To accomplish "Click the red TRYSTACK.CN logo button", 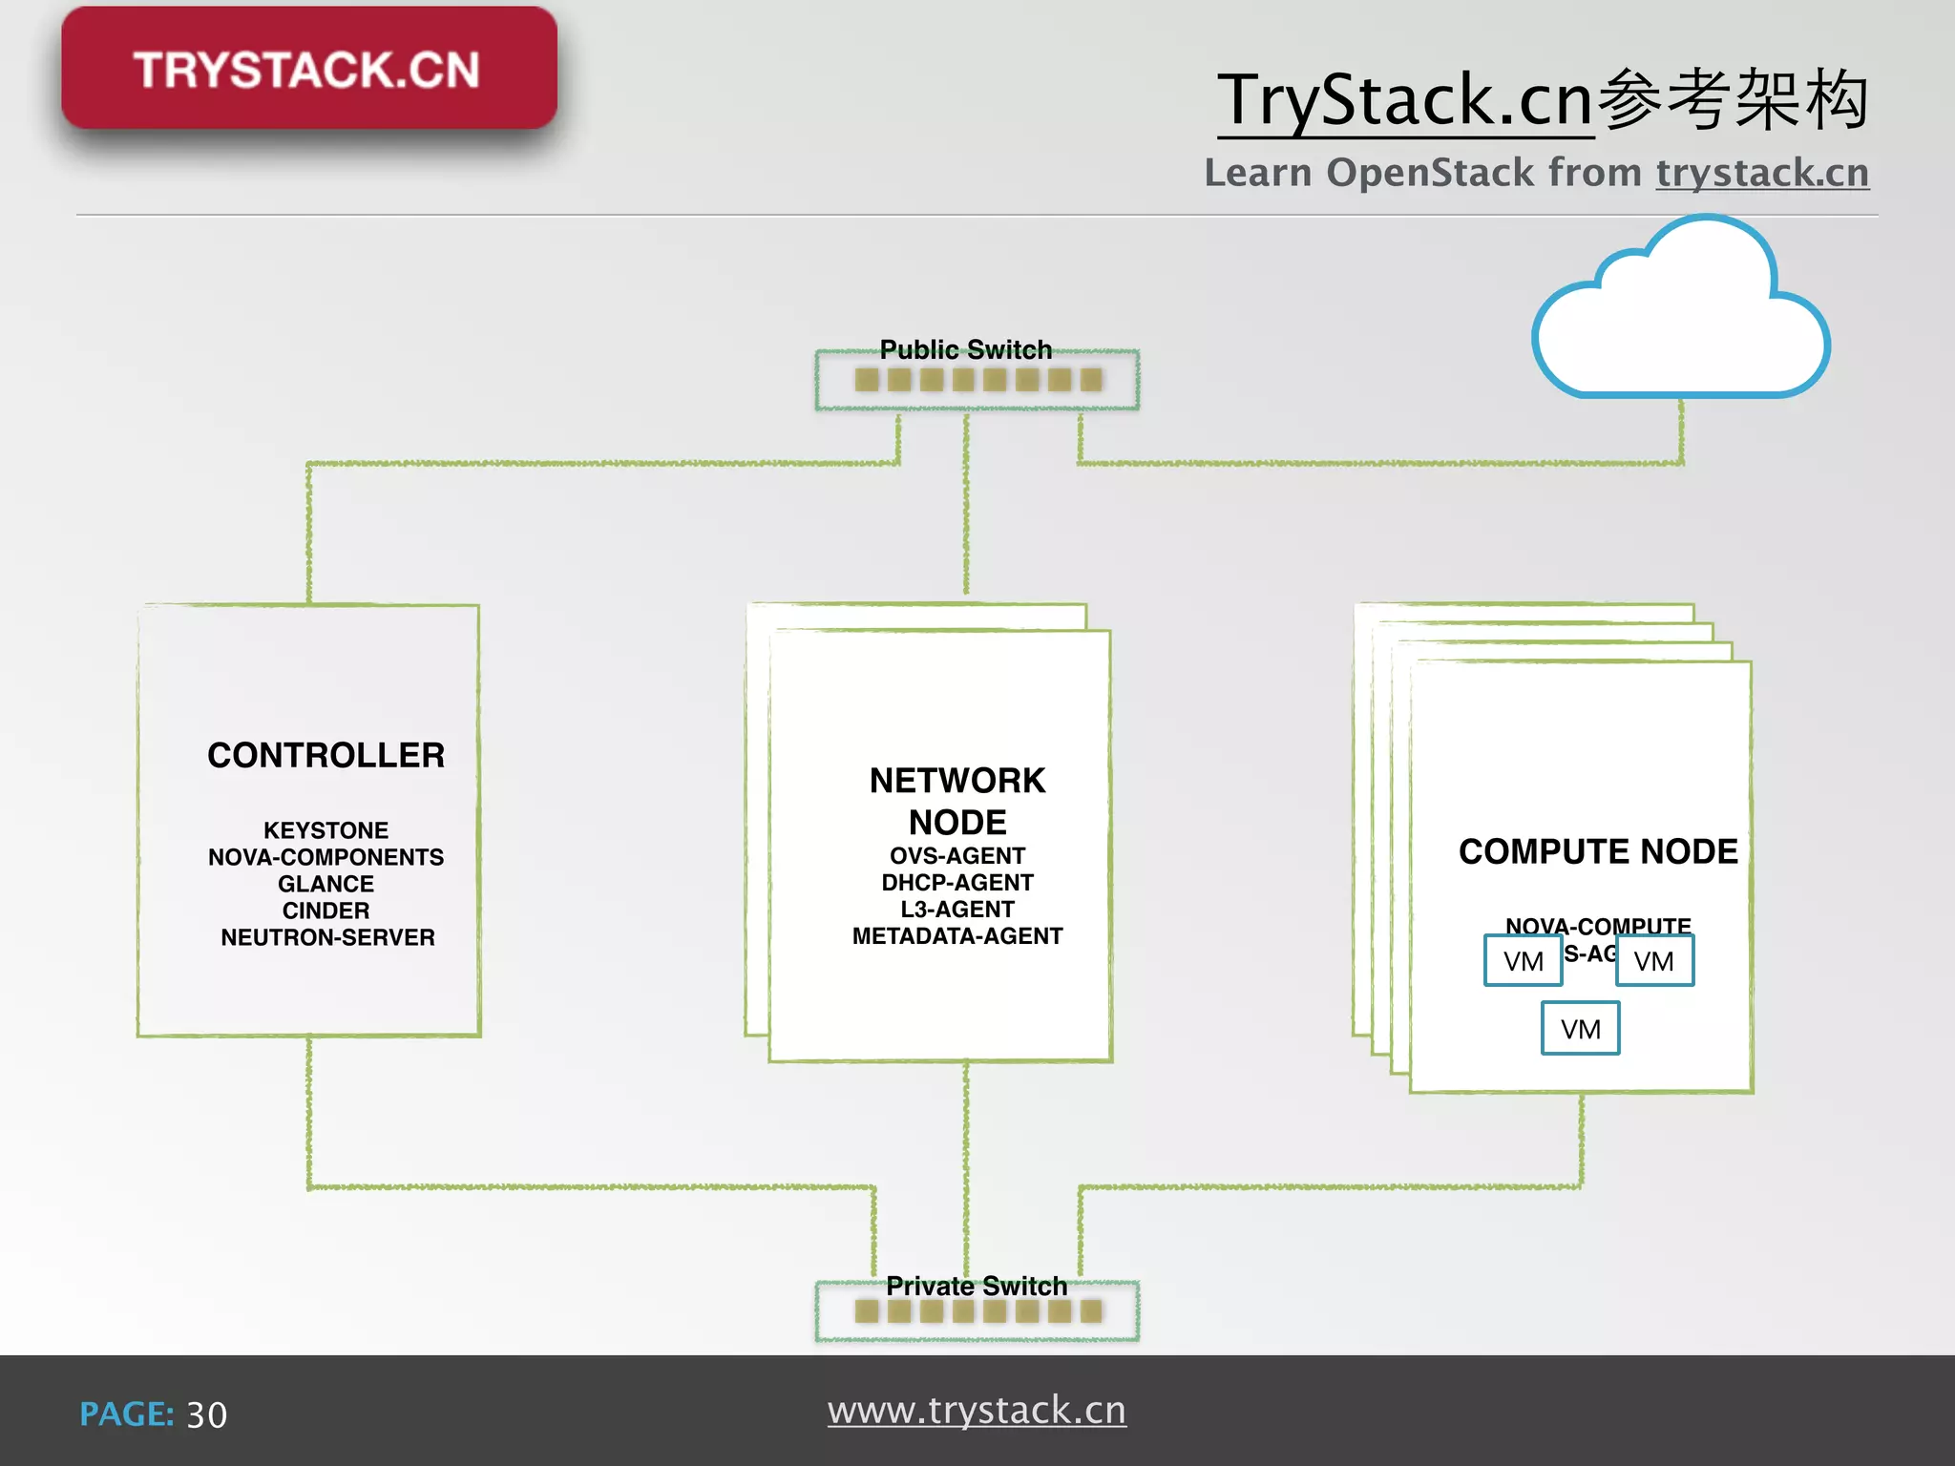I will click(308, 69).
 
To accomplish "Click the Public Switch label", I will click(965, 349).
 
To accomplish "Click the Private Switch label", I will click(976, 1286).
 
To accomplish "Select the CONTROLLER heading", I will click(326, 755).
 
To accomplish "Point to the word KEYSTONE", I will click(326, 830).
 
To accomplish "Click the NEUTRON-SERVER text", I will click(327, 937).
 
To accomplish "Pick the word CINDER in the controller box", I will click(326, 911).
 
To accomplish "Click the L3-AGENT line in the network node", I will click(956, 909).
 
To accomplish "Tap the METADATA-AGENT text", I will click(956, 935).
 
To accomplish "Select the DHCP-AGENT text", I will click(956, 882).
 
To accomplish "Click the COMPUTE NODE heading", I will click(1597, 851).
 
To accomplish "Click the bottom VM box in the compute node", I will click(1580, 1028).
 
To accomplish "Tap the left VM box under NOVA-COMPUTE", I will click(1523, 960).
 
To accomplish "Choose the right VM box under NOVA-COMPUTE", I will click(1653, 960).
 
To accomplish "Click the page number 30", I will click(206, 1414).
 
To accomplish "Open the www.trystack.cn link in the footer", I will click(976, 1410).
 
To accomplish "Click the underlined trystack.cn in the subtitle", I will click(1761, 173).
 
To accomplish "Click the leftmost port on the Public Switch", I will click(867, 380).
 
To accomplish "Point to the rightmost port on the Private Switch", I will click(1091, 1311).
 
